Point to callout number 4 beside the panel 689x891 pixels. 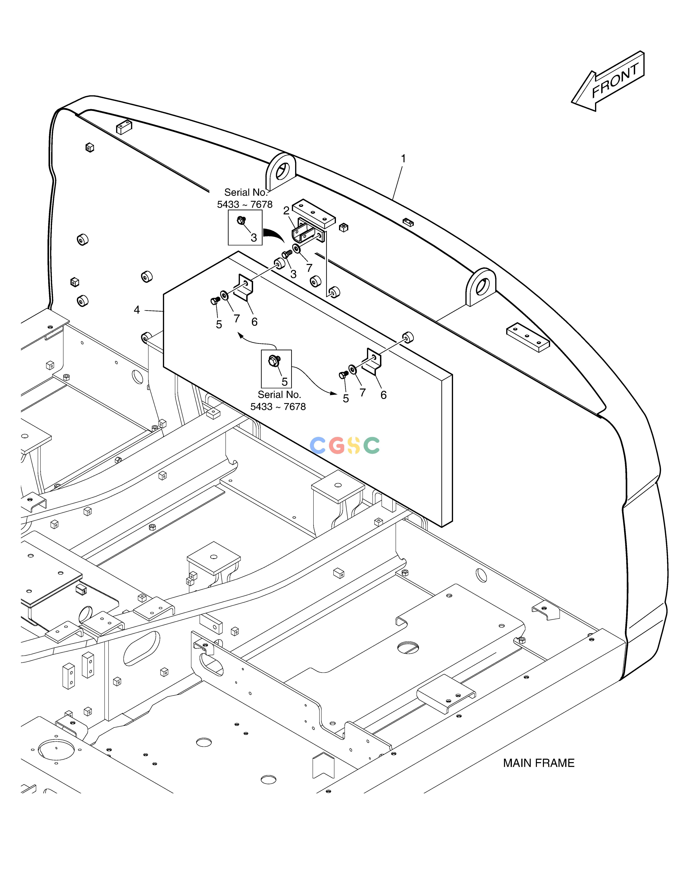click(x=137, y=310)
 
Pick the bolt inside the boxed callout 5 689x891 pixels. click(x=274, y=360)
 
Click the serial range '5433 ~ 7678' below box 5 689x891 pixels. click(x=278, y=407)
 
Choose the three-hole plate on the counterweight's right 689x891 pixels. click(x=528, y=337)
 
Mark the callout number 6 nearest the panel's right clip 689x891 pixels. click(x=383, y=395)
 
